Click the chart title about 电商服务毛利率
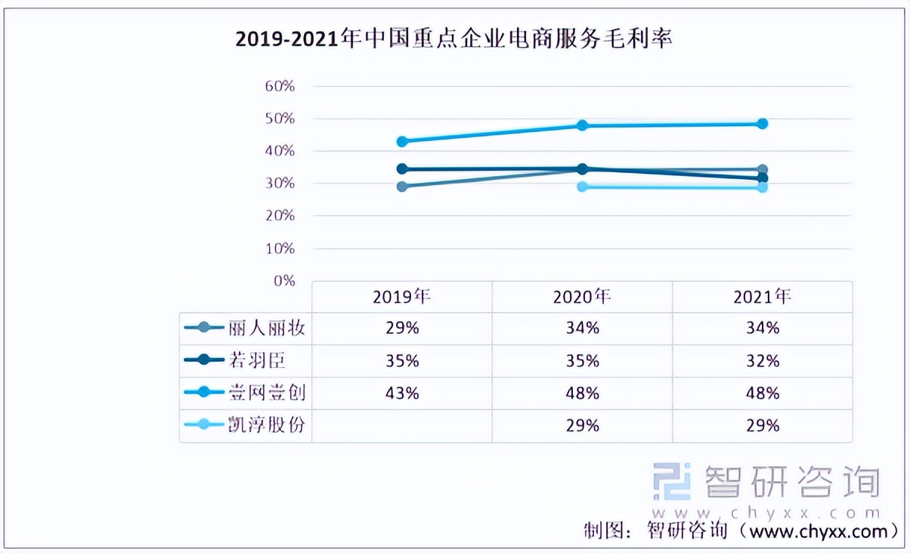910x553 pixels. [x=453, y=39]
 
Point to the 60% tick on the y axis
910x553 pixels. [x=280, y=86]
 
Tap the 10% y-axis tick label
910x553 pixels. [x=280, y=249]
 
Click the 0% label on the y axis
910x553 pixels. [x=283, y=280]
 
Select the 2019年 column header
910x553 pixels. [x=401, y=297]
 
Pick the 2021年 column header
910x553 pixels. [x=762, y=297]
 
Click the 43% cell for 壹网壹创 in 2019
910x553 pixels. [x=401, y=394]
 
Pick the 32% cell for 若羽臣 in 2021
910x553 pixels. [x=762, y=361]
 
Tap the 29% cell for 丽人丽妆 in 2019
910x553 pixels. [x=401, y=329]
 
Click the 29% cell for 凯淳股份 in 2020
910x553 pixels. [x=582, y=426]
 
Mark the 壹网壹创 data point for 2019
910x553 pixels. [x=402, y=141]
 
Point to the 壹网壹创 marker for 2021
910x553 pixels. [x=762, y=123]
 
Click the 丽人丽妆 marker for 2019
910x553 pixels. [x=402, y=187]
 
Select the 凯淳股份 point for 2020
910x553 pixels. [x=582, y=187]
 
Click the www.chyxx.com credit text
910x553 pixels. [x=816, y=531]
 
